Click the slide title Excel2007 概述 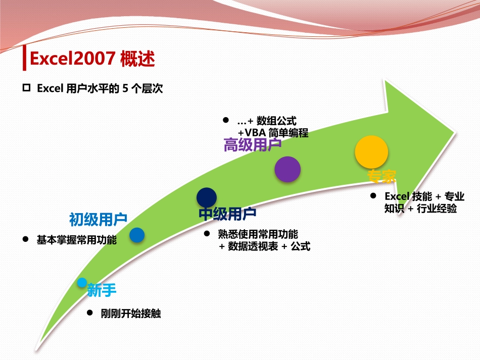point(92,59)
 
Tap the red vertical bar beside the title point(25,59)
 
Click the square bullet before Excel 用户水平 point(27,88)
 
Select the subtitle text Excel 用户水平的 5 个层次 point(100,88)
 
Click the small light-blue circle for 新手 point(82,283)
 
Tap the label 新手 point(102,290)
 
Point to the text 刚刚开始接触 point(130,313)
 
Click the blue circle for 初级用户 point(137,235)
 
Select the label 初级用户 point(98,219)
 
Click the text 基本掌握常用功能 point(76,240)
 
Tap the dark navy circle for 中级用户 point(207,197)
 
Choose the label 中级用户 point(227,214)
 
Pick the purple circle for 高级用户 point(287,169)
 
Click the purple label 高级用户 point(252,145)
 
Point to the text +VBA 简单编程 point(273,133)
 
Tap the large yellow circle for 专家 point(371,152)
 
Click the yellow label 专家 point(381,176)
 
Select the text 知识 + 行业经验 point(420,209)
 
